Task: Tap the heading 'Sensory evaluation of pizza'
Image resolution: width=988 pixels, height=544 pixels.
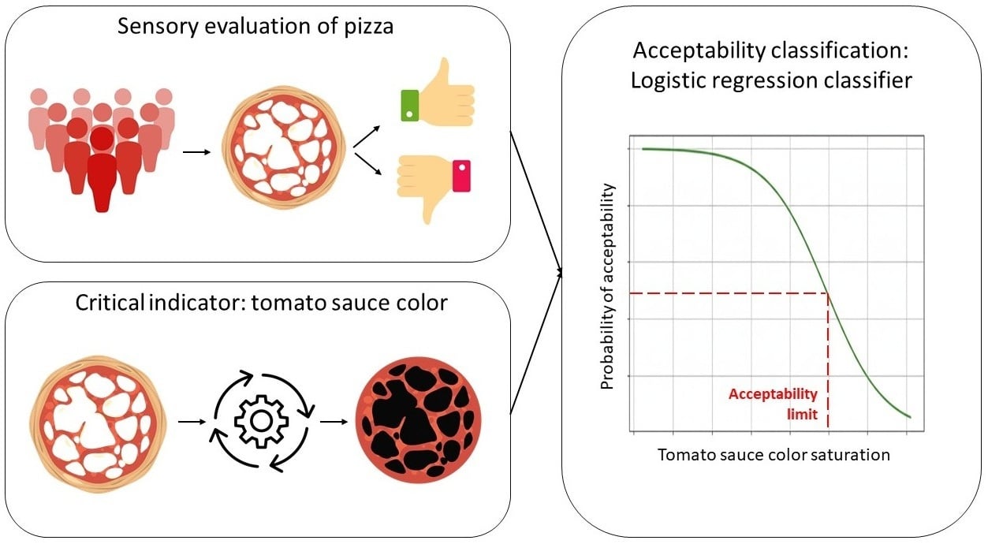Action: click(255, 26)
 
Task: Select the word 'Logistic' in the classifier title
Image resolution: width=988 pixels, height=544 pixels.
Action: click(669, 80)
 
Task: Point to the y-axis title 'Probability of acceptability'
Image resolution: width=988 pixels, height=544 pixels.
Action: click(607, 285)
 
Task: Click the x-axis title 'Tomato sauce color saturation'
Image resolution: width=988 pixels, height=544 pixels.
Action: click(774, 455)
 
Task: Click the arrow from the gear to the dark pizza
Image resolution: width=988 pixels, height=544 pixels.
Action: click(333, 420)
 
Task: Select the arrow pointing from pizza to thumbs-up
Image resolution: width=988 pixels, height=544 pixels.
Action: click(367, 135)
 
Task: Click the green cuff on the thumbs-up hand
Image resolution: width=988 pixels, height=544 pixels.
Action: click(410, 104)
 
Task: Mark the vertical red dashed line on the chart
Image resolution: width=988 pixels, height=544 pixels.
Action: click(828, 363)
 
